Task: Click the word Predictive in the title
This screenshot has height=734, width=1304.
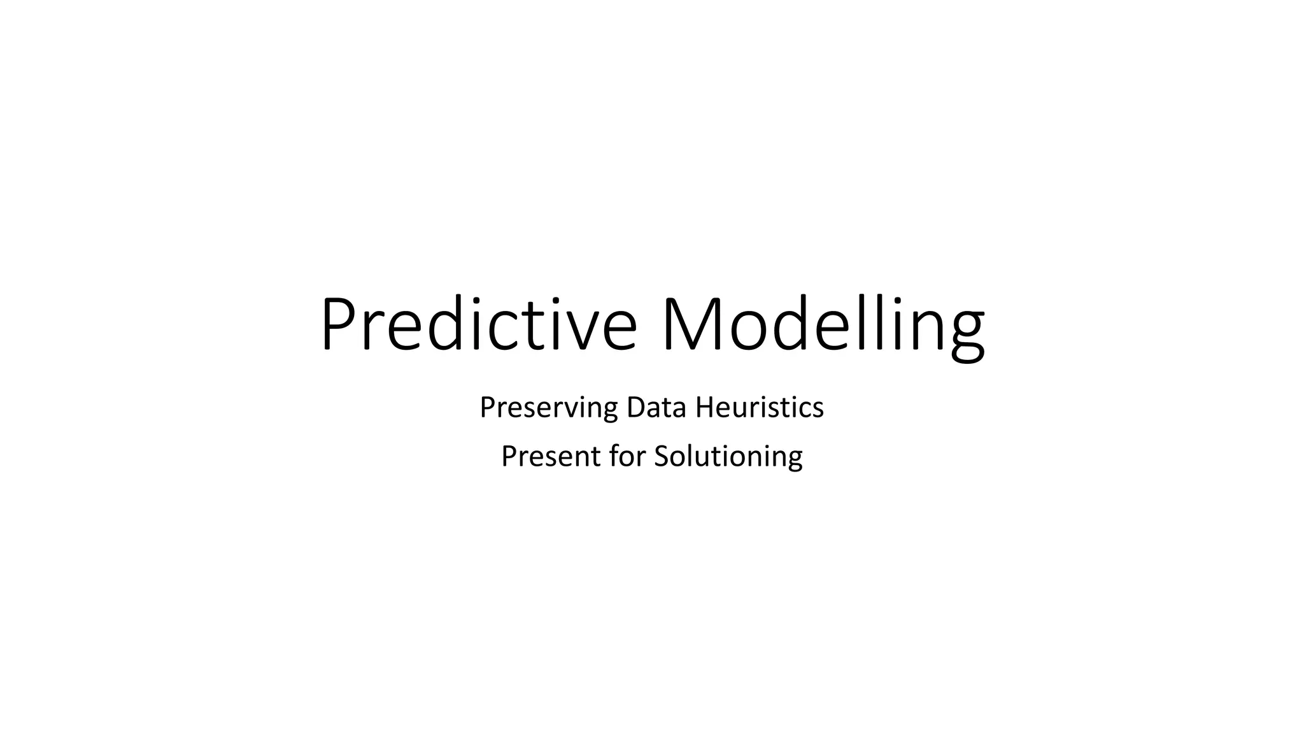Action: tap(478, 324)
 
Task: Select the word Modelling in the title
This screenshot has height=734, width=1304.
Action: tap(823, 324)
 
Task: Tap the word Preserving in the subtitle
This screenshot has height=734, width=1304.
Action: tap(548, 408)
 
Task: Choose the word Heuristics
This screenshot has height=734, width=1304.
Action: tap(760, 408)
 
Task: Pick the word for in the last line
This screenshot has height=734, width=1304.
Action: tap(628, 456)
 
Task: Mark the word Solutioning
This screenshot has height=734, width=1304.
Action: tap(728, 456)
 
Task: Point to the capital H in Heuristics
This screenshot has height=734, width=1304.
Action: tap(704, 408)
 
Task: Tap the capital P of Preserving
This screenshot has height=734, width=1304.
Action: tap(486, 408)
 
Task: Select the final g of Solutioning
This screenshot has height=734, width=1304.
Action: tap(795, 460)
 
